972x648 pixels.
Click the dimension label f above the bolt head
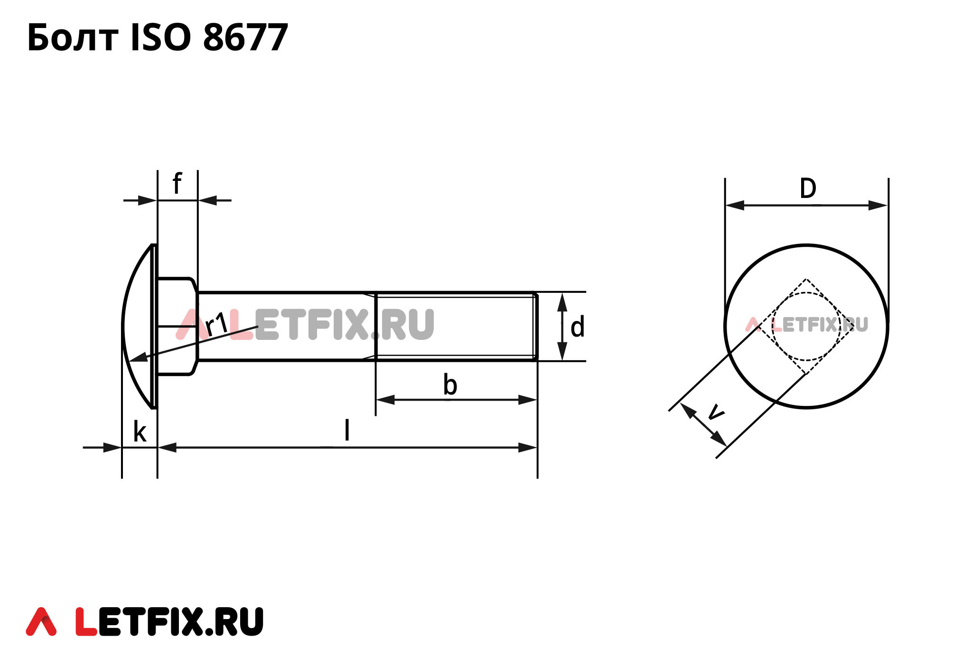click(x=177, y=184)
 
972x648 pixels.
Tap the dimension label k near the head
click(x=139, y=432)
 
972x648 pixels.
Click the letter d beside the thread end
click(x=577, y=328)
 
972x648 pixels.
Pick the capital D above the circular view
click(x=808, y=188)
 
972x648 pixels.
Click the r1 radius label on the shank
click(x=217, y=324)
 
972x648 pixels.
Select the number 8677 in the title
click(x=245, y=38)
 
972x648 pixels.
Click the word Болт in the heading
click(x=73, y=38)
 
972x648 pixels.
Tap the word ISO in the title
click(x=160, y=38)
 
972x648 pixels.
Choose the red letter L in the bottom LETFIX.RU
click(x=86, y=621)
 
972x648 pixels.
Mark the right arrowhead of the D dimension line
click(x=878, y=206)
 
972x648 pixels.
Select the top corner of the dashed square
click(x=806, y=280)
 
